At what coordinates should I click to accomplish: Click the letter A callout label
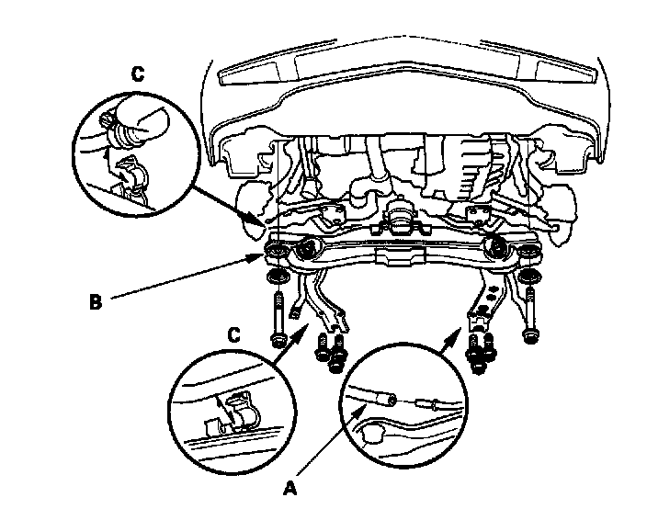(x=290, y=489)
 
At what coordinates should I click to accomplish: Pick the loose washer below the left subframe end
(x=274, y=278)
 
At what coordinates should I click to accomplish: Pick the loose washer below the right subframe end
(x=531, y=278)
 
